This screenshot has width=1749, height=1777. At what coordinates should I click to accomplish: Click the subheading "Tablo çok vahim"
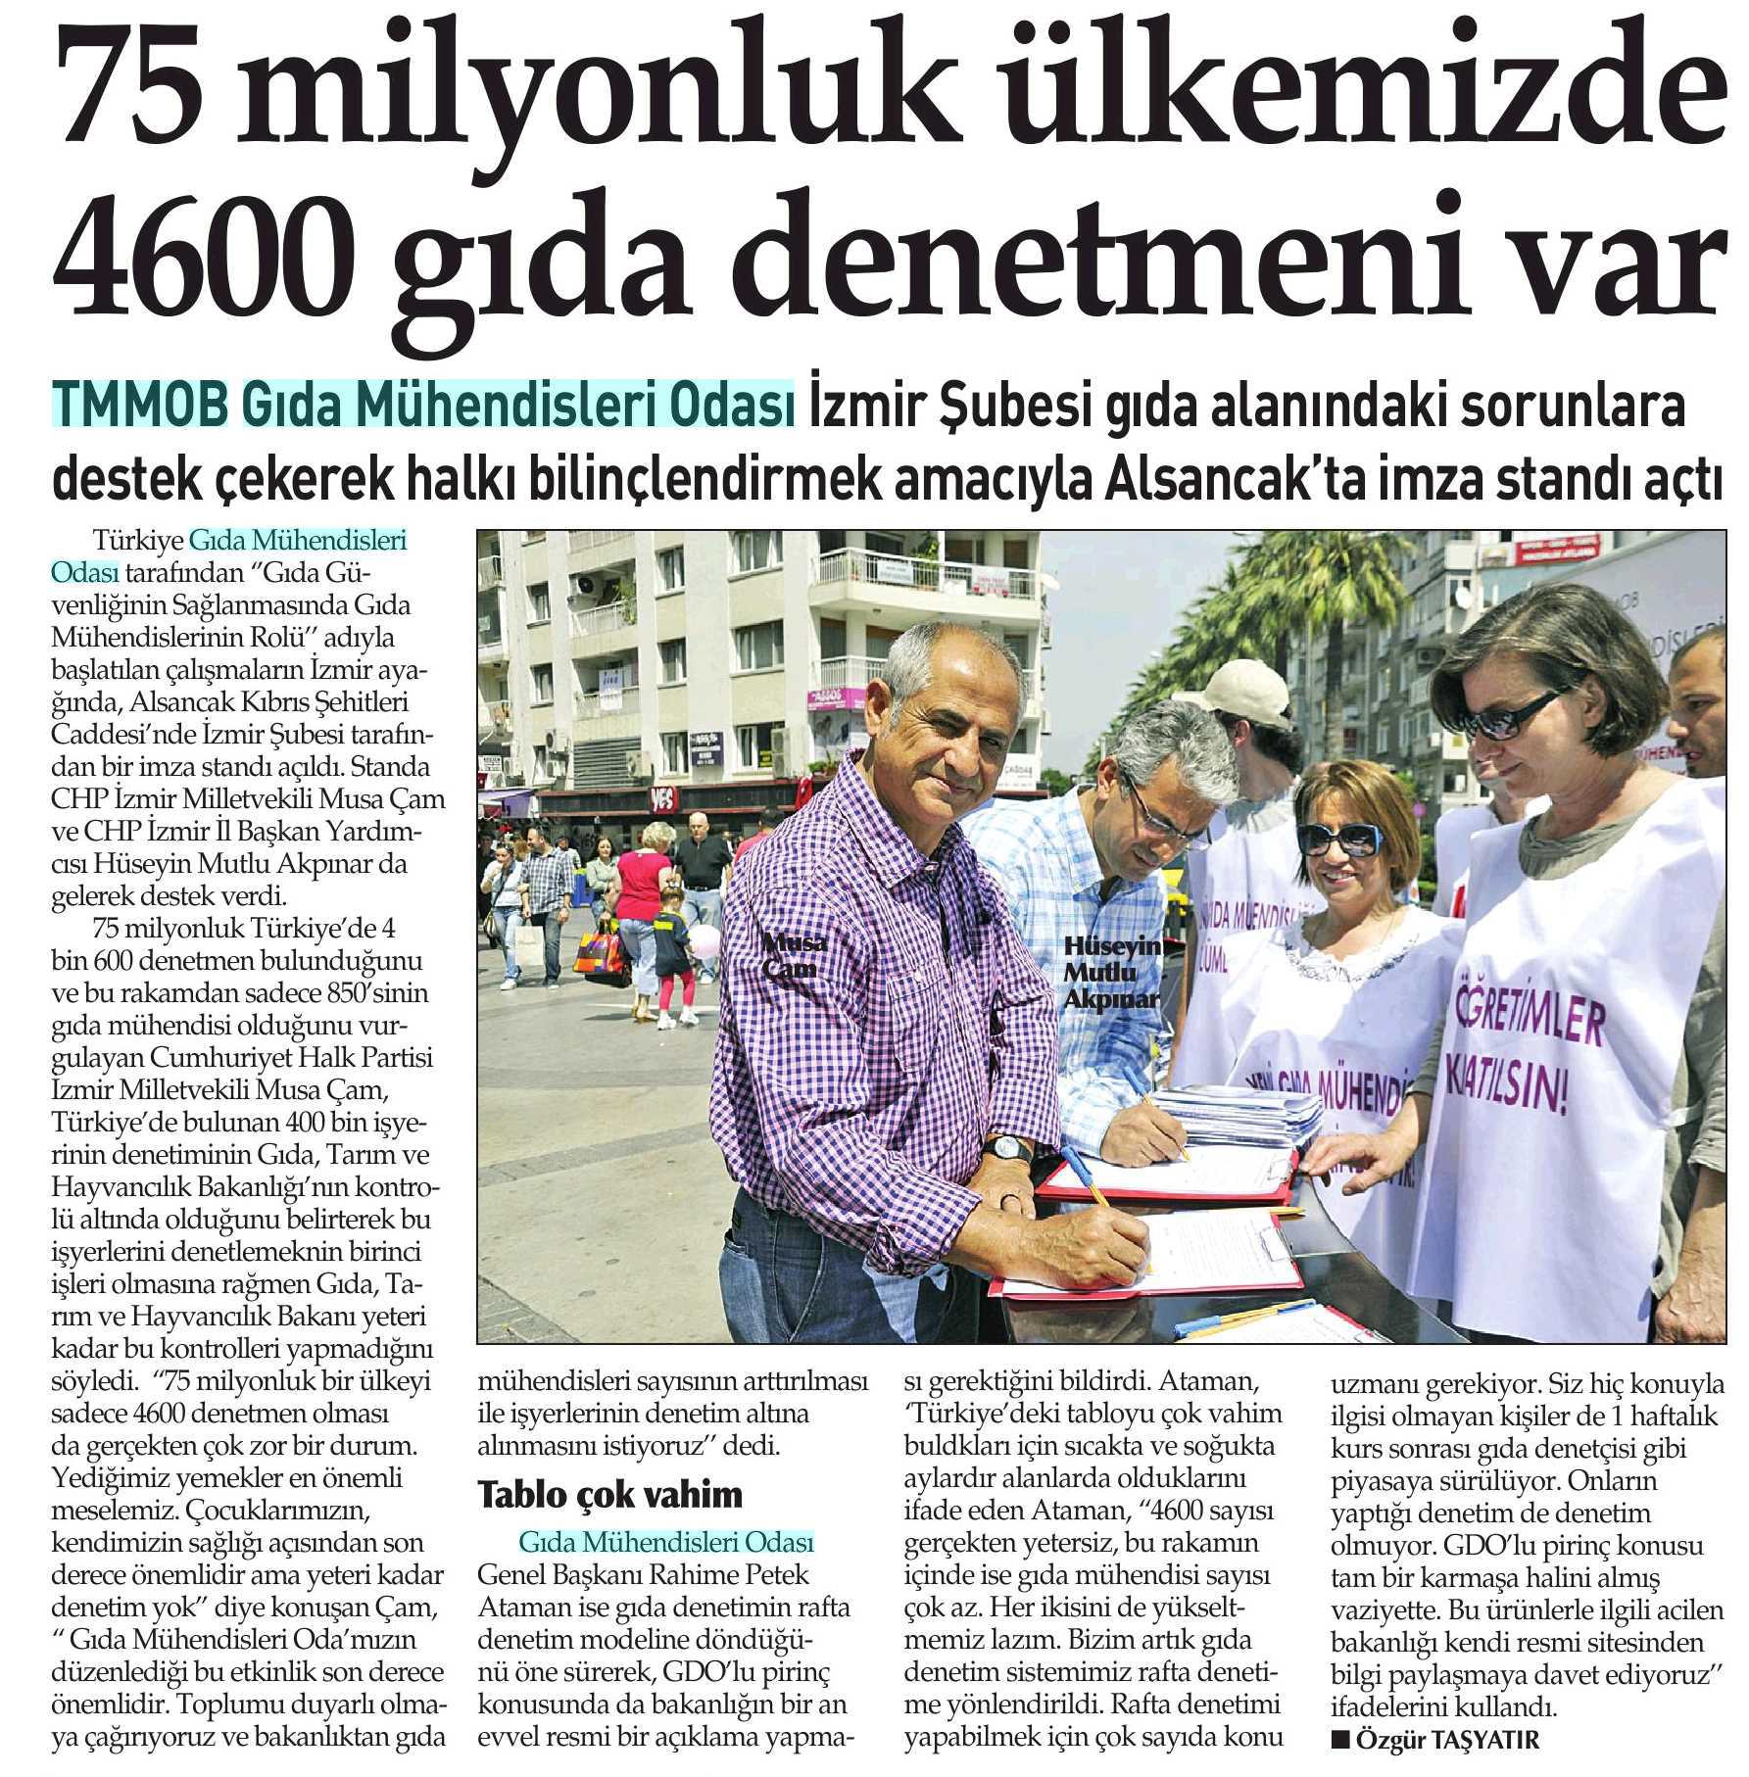[609, 1494]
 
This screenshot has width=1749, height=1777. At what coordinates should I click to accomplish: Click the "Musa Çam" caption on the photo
[792, 955]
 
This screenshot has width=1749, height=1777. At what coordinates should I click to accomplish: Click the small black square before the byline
[1337, 1740]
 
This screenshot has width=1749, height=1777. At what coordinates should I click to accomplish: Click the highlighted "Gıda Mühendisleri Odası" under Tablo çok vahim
[666, 1543]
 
